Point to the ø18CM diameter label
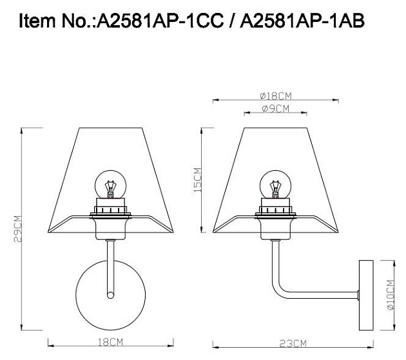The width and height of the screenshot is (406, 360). (x=276, y=95)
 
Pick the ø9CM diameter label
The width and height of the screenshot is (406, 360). (x=275, y=108)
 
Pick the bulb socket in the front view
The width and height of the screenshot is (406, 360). (x=110, y=206)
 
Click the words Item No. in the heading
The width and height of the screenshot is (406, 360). (x=55, y=23)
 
